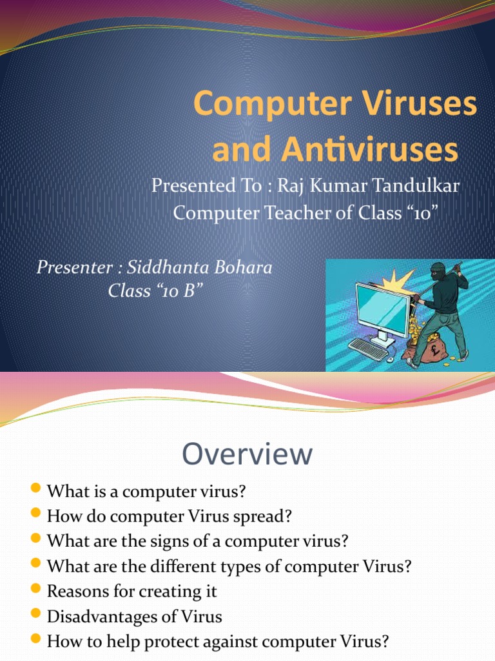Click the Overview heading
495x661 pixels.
click(x=247, y=454)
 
